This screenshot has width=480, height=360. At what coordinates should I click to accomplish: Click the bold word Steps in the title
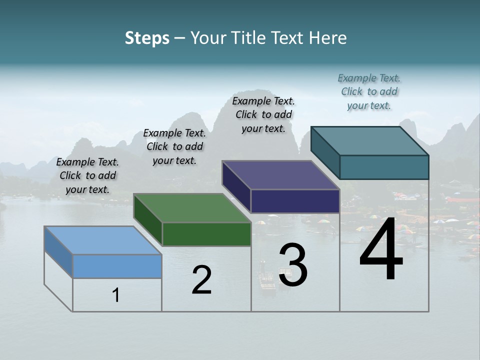pyautogui.click(x=147, y=38)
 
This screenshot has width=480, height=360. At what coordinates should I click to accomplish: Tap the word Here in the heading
pyautogui.click(x=328, y=38)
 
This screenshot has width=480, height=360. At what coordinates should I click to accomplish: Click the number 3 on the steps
pyautogui.click(x=293, y=265)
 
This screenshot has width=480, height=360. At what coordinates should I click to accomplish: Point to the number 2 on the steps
pyautogui.click(x=201, y=280)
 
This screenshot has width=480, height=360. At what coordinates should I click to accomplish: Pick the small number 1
pyautogui.click(x=116, y=295)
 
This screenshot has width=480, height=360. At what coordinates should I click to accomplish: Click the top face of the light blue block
pyautogui.click(x=102, y=240)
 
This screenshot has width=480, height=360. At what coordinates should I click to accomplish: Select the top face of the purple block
pyautogui.click(x=280, y=175)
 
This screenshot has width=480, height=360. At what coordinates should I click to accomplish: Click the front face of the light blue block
pyautogui.click(x=117, y=266)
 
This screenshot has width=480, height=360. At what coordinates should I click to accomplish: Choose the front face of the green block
pyautogui.click(x=206, y=234)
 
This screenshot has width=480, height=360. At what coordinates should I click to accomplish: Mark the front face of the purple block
pyautogui.click(x=295, y=201)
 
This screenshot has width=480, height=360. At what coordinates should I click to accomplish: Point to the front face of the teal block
pyautogui.click(x=384, y=167)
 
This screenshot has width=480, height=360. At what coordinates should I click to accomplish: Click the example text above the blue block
pyautogui.click(x=87, y=175)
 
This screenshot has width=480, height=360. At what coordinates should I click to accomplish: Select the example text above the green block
pyautogui.click(x=174, y=146)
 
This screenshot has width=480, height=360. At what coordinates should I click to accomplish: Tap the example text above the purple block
pyautogui.click(x=263, y=114)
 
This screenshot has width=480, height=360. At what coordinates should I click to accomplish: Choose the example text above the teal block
pyautogui.click(x=369, y=91)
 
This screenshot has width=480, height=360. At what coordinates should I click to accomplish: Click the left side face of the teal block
pyautogui.click(x=325, y=150)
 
